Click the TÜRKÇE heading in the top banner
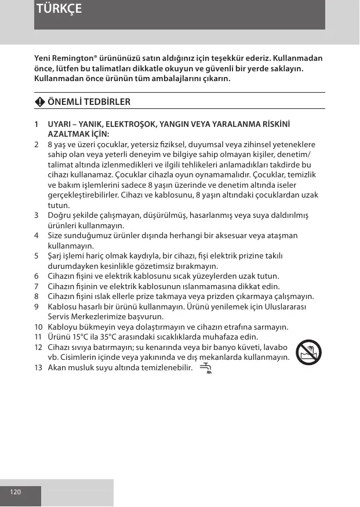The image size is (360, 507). [x=59, y=9]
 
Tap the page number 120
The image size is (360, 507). [x=15, y=492]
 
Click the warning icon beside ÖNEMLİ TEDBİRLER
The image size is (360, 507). [x=39, y=102]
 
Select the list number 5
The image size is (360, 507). [x=37, y=256]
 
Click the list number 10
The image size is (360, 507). [x=38, y=327]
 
